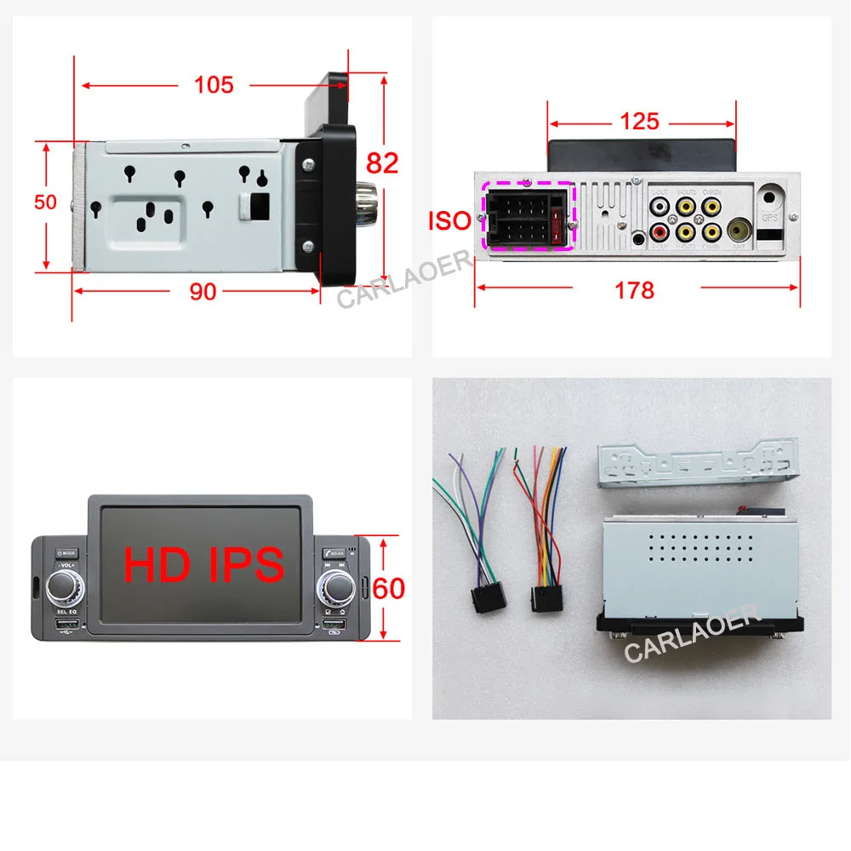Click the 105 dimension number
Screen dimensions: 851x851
click(x=213, y=84)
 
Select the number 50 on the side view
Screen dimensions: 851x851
click(x=45, y=202)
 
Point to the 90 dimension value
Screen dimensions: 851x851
click(x=202, y=291)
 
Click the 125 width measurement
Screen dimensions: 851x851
click(x=639, y=121)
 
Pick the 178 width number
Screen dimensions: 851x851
click(x=635, y=290)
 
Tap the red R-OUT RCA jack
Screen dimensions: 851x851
click(x=660, y=231)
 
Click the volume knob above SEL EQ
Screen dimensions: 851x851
click(x=65, y=588)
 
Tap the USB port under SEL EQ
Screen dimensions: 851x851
click(x=66, y=628)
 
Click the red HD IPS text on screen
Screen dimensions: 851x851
click(x=204, y=564)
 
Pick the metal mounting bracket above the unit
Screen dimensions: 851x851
click(x=697, y=465)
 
